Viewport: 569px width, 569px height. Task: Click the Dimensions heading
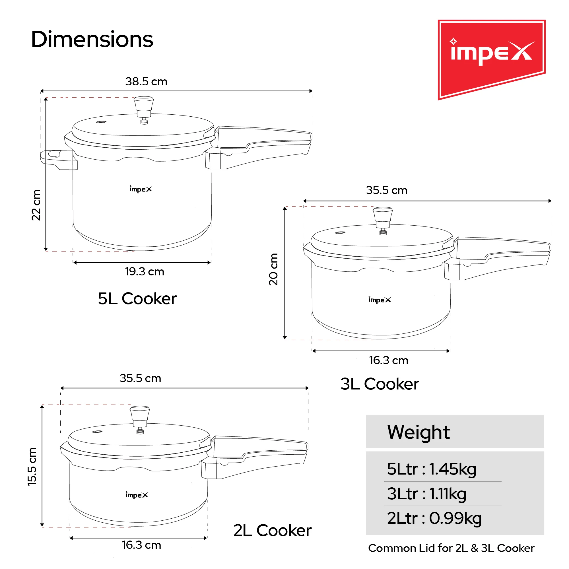click(92, 40)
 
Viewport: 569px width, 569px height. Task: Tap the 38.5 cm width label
click(146, 82)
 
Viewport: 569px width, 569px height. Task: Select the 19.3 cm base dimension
click(144, 271)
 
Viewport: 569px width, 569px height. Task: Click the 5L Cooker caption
click(137, 299)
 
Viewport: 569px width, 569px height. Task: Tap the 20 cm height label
click(273, 269)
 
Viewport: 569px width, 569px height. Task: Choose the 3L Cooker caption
click(380, 384)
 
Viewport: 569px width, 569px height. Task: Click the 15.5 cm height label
click(32, 467)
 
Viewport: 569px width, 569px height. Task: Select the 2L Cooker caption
click(273, 530)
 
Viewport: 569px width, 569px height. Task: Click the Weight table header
click(418, 432)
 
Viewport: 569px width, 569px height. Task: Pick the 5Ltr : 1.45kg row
click(432, 469)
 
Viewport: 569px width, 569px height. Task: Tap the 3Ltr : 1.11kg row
click(426, 494)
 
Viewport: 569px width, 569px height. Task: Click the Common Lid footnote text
click(451, 548)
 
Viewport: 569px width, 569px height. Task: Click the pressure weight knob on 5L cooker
click(144, 106)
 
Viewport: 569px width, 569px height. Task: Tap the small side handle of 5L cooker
click(55, 159)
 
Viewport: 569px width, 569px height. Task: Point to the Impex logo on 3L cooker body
click(380, 300)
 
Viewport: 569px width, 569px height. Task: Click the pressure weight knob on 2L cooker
click(140, 416)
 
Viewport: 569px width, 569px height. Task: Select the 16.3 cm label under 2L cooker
click(141, 545)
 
